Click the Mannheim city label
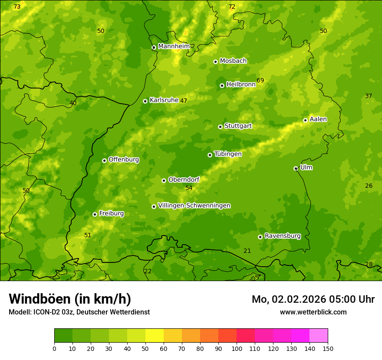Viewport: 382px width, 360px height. click(x=174, y=46)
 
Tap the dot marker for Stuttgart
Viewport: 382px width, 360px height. click(x=220, y=127)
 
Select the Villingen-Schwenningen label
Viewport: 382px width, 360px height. click(x=194, y=206)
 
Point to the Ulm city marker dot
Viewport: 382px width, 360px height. click(x=296, y=168)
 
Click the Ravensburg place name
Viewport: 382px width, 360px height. click(x=283, y=236)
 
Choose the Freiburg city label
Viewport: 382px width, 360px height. click(x=111, y=213)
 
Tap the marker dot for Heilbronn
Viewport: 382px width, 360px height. click(x=222, y=85)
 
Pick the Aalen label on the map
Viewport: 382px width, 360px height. click(x=318, y=119)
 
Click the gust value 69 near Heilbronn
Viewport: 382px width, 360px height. click(x=260, y=80)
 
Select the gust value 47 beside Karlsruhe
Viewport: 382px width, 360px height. click(x=184, y=101)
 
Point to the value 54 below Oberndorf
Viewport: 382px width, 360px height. click(x=189, y=188)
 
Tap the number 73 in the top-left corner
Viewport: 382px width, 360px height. click(x=17, y=7)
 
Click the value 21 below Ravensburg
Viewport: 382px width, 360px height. click(x=247, y=251)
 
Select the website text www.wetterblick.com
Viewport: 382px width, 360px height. click(x=313, y=312)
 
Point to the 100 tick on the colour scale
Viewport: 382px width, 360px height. click(x=237, y=348)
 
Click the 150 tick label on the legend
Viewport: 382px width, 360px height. click(x=328, y=348)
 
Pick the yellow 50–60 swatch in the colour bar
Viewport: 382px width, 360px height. click(x=155, y=336)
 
